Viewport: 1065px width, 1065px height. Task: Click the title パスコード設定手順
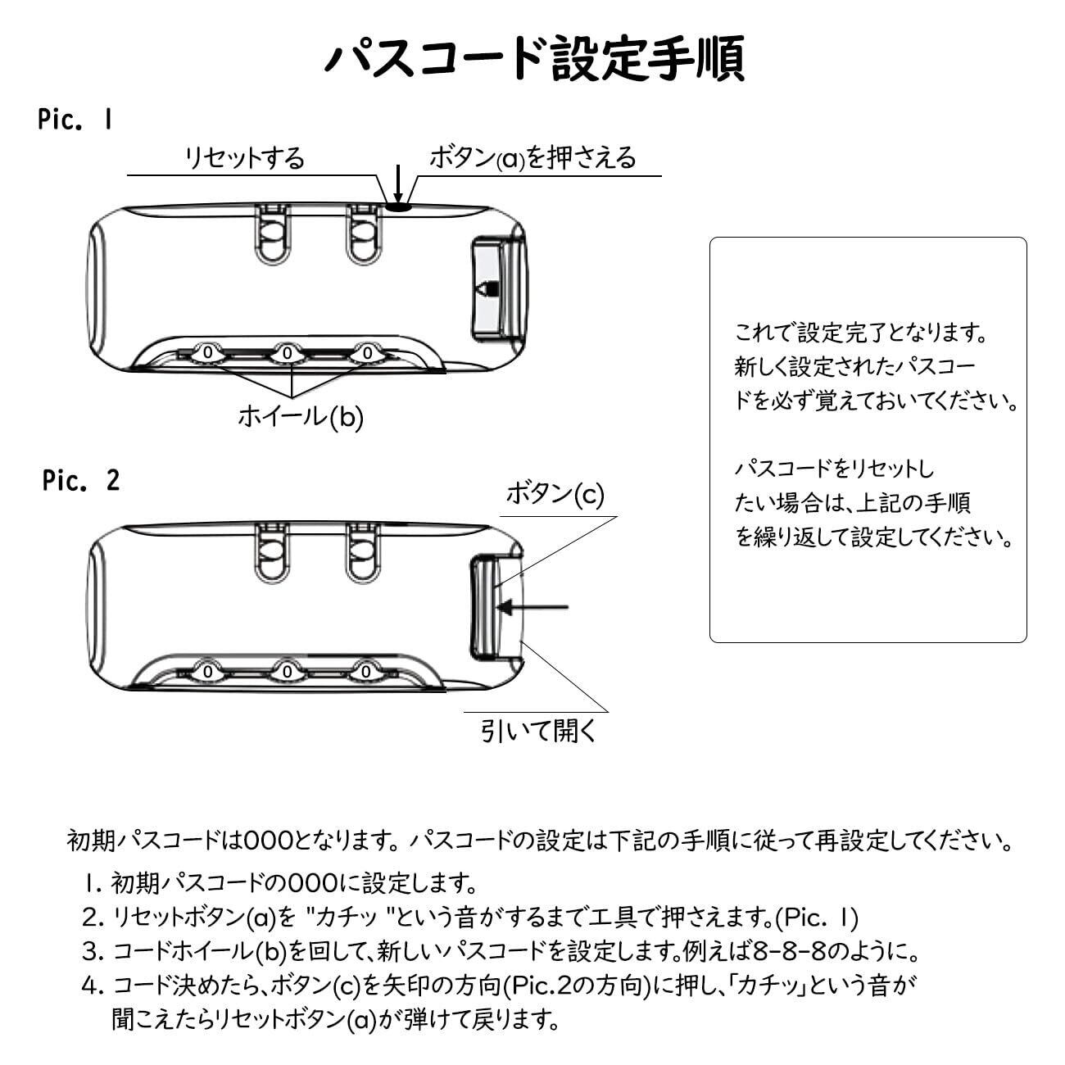(x=534, y=58)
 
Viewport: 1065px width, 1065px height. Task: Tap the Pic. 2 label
(x=81, y=481)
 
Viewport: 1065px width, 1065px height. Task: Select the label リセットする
(x=244, y=157)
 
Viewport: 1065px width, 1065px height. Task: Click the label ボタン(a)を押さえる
(x=533, y=157)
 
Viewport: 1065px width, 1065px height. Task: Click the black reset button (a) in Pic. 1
(x=398, y=207)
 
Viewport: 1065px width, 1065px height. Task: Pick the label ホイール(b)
(x=301, y=417)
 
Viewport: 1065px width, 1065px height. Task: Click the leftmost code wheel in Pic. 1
(x=207, y=352)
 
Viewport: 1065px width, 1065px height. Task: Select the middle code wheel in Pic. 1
(x=288, y=352)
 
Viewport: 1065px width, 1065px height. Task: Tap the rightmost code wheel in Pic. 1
(x=367, y=352)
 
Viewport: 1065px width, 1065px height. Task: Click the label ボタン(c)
(x=555, y=493)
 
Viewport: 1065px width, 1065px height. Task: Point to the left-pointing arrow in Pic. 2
(x=532, y=607)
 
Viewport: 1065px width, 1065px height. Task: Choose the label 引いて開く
(x=539, y=730)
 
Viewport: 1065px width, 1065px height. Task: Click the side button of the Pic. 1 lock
(x=493, y=288)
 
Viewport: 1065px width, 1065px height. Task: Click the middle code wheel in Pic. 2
(x=288, y=672)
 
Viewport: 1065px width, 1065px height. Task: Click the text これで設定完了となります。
(x=860, y=333)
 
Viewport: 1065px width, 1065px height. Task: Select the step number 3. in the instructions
(x=92, y=952)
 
